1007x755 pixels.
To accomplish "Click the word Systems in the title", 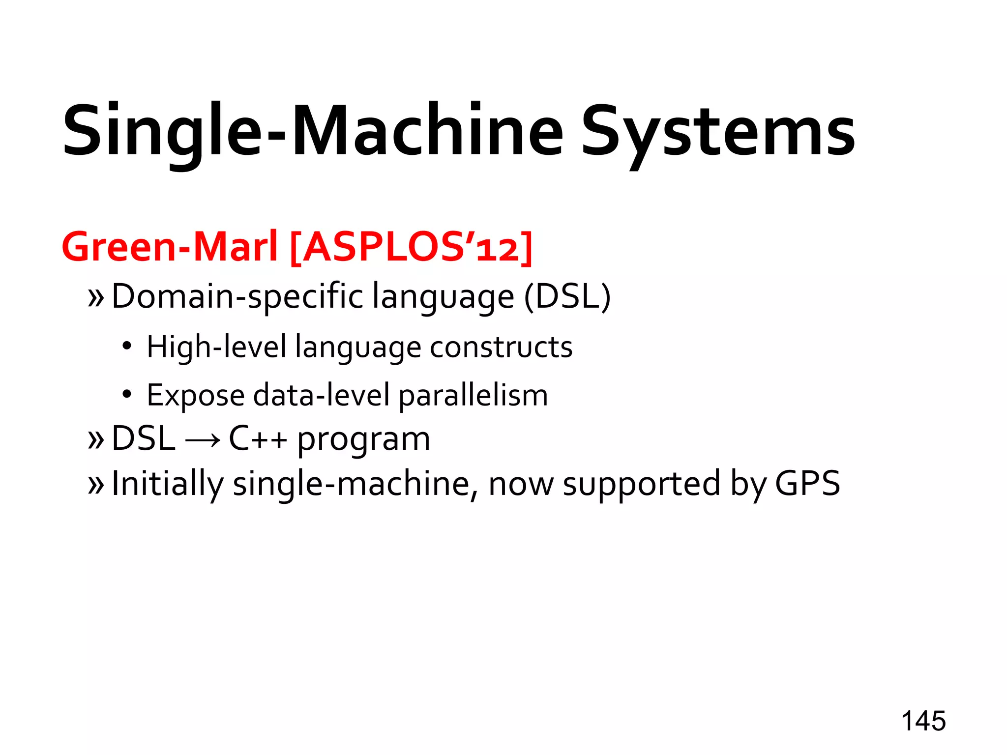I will click(718, 132).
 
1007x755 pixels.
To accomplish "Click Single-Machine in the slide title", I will click(313, 132).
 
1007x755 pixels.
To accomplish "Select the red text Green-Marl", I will click(169, 247).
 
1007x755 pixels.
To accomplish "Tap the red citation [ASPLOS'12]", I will click(411, 247).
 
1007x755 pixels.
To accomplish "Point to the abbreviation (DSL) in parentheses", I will click(567, 297).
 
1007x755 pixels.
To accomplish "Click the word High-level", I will click(216, 347).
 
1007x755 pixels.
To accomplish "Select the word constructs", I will click(501, 347).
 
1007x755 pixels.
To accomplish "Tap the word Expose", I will click(195, 395).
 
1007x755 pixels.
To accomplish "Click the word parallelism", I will click(473, 395).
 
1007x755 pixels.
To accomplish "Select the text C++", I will click(258, 439).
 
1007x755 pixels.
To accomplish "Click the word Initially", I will click(167, 484).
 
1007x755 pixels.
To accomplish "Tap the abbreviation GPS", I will click(807, 484).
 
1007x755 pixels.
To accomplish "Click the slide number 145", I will click(923, 722).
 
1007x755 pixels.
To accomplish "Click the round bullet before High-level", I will click(127, 347).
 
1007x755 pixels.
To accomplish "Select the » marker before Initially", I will click(95, 485).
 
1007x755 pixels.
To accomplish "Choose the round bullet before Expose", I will click(127, 394).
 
